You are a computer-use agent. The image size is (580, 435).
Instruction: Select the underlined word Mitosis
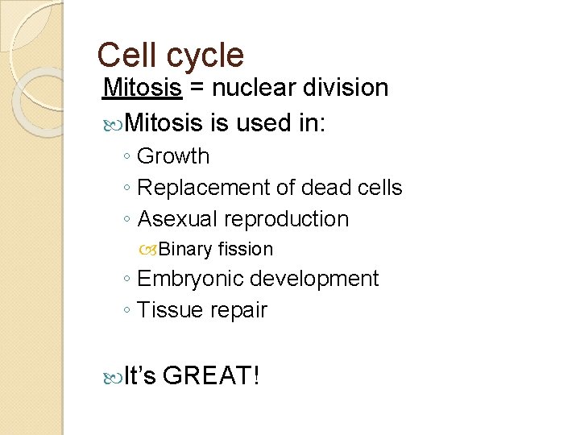click(x=143, y=88)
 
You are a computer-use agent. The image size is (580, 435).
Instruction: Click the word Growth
click(x=173, y=156)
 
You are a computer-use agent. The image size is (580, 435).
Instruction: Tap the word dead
click(x=319, y=188)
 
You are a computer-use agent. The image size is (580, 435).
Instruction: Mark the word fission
click(x=246, y=250)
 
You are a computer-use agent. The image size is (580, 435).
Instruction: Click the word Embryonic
click(x=190, y=280)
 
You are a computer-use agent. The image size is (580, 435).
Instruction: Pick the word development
click(x=313, y=280)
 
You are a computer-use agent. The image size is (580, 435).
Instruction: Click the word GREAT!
click(x=211, y=375)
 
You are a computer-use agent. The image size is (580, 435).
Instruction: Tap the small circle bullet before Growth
click(x=128, y=157)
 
